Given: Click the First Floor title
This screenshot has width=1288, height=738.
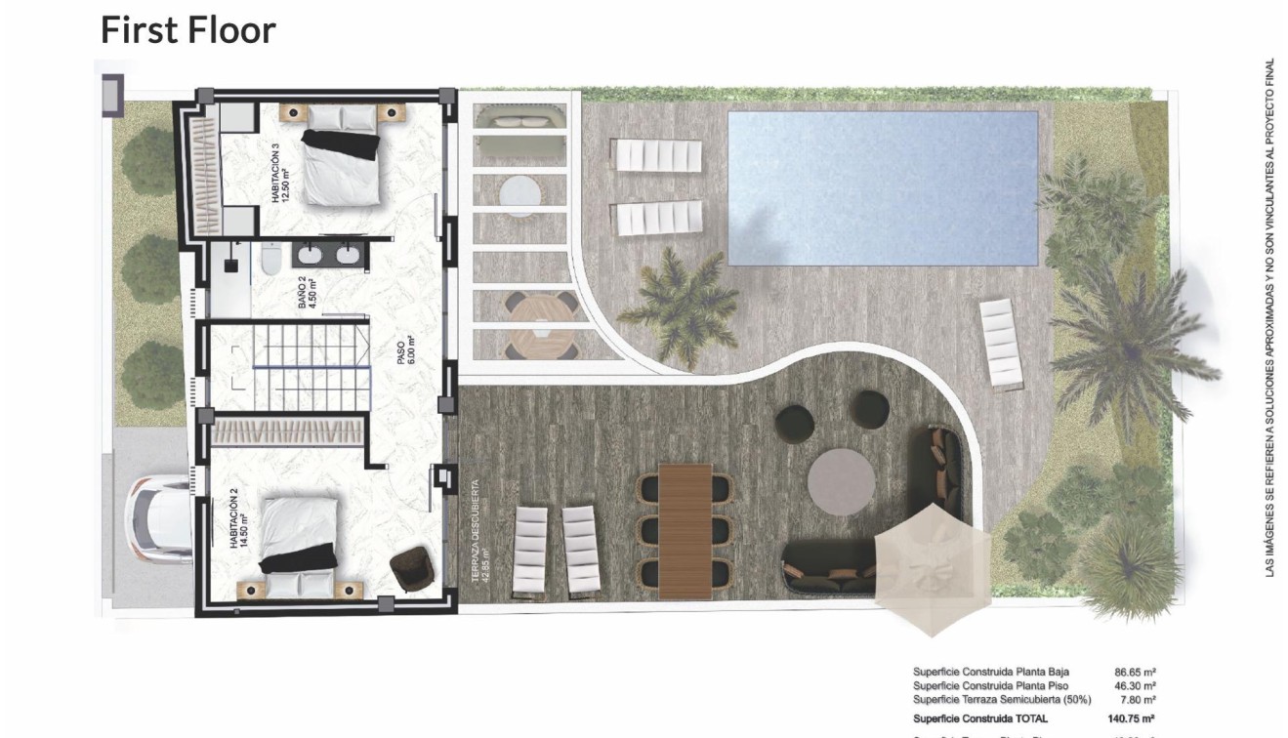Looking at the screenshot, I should [x=188, y=30].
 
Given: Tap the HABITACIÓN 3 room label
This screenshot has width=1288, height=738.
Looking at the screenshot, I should [x=280, y=174].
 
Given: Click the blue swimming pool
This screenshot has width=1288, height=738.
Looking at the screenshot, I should [x=882, y=187].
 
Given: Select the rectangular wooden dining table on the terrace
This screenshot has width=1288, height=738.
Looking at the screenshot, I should [x=686, y=530].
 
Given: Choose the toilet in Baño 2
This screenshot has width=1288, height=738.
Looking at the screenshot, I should [x=271, y=259].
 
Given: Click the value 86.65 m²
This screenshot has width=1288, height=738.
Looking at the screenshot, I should [x=1135, y=672].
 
